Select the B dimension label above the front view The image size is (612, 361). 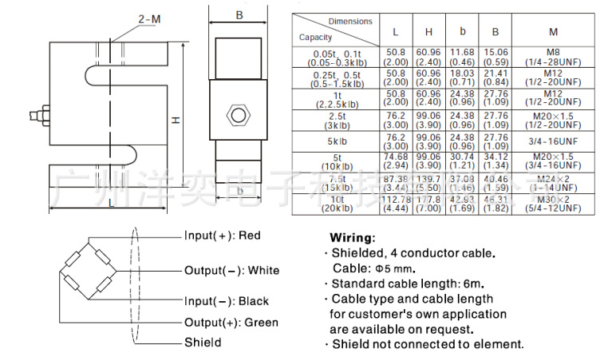tap(239, 15)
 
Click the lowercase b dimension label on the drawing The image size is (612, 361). tap(239, 191)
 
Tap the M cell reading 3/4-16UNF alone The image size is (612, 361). tap(554, 141)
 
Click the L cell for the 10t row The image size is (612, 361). tap(396, 203)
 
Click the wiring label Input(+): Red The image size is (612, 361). tap(223, 236)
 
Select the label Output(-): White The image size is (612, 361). tap(232, 271)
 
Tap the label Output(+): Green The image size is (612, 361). tap(231, 323)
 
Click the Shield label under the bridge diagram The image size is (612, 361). tap(203, 342)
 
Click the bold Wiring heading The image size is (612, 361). tap(351, 238)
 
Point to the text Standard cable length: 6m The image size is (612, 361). tap(407, 284)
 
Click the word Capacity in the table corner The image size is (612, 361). tap(316, 37)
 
